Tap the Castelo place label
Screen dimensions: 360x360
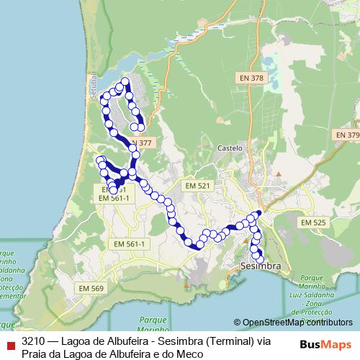pyautogui.click(x=230, y=148)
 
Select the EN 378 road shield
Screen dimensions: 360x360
pyautogui.click(x=252, y=77)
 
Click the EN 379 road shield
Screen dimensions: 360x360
pyautogui.click(x=346, y=135)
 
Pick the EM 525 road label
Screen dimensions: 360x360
pyautogui.click(x=313, y=223)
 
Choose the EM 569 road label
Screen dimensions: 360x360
pyautogui.click(x=91, y=289)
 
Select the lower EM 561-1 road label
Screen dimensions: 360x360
pyautogui.click(x=128, y=245)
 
